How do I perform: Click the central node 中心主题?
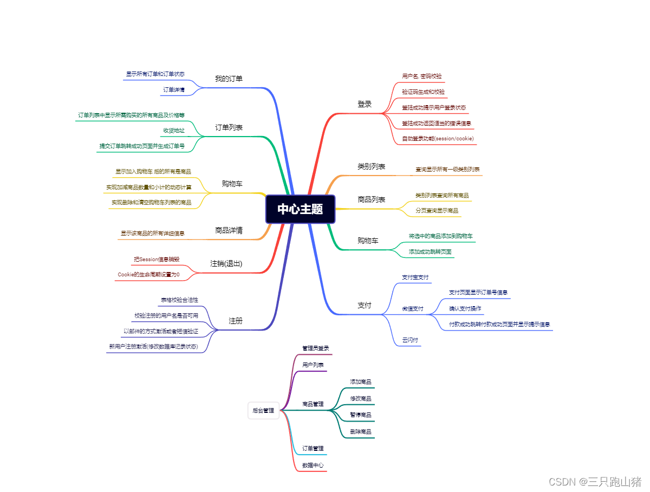coord(300,209)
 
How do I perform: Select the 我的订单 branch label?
coord(229,79)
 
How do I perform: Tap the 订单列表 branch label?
coord(229,128)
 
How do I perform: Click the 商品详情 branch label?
coord(229,230)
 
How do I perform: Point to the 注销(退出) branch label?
coord(226,263)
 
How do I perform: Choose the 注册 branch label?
coord(235,321)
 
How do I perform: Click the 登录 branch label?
coord(365,104)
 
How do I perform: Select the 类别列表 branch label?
coord(371,166)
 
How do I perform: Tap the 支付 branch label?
coord(365,305)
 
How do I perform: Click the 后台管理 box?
coord(263,411)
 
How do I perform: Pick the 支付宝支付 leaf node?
coord(415,277)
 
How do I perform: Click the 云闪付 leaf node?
coord(409,340)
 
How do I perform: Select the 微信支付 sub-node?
coord(413,309)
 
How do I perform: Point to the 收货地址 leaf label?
coord(174,131)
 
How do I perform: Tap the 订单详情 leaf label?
coord(174,89)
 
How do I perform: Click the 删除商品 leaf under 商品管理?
coord(361,432)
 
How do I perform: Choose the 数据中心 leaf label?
coord(313,465)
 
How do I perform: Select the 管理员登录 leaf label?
coord(316,348)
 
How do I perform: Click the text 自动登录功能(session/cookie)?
coord(438,139)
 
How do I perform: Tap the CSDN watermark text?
coord(595,481)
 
